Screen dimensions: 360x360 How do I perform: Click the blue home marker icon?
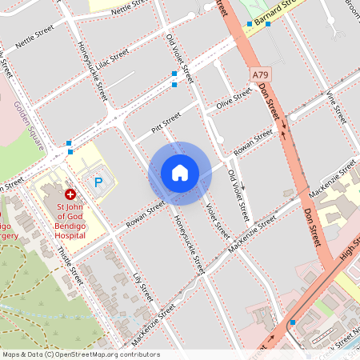180,173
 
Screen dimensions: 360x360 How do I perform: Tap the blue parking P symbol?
98,182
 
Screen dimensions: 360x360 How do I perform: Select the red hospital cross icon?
70,194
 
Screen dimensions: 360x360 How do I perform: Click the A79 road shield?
259,74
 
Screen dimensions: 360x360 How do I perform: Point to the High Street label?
349,254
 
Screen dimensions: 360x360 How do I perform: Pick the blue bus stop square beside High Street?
294,322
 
